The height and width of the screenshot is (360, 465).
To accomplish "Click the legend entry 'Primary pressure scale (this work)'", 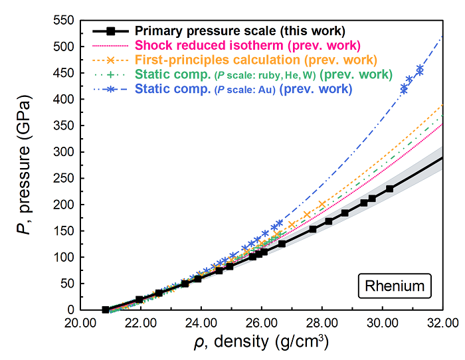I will coord(240,31).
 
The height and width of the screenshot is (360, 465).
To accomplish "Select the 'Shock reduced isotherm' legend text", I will coord(247,45).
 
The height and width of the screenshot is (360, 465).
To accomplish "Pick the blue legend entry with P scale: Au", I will coord(243,88).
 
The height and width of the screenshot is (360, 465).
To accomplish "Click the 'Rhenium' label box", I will coord(395,287).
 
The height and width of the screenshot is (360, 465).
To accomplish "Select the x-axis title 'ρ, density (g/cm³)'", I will coord(261,344).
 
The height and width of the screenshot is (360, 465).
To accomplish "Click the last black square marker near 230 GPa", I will coord(389,189).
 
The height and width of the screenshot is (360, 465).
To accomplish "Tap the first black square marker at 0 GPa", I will coord(105,310).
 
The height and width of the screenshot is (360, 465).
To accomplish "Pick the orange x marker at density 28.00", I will coord(322,204).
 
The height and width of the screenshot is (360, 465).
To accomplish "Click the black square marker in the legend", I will coord(112,31).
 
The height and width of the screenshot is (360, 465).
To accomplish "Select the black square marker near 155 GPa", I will coord(313,229).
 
